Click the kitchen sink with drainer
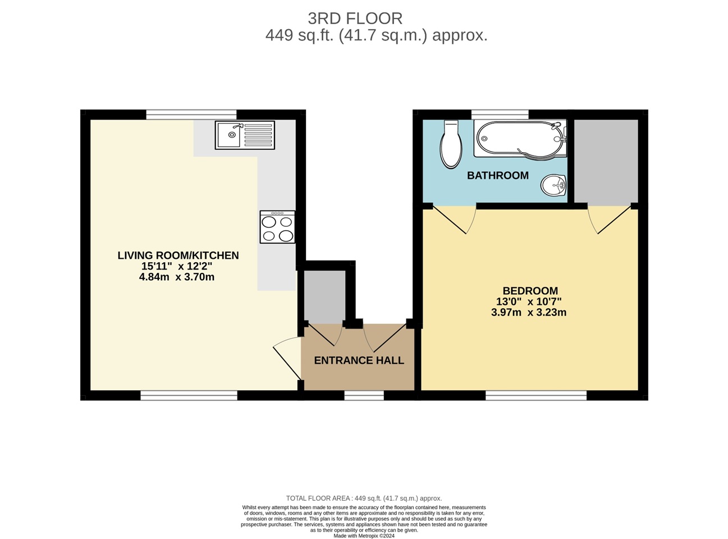245,135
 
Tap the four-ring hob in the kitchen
277,227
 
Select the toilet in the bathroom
451,144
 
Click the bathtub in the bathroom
519,139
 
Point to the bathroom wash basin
554,185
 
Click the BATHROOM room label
498,176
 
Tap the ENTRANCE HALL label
359,360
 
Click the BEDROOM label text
530,291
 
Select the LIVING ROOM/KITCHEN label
178,255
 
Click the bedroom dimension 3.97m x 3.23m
528,313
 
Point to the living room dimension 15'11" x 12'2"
176,267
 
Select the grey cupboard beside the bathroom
606,161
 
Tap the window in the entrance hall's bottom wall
364,396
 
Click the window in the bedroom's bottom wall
535,396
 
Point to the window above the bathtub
500,115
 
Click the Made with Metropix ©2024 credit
364,536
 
